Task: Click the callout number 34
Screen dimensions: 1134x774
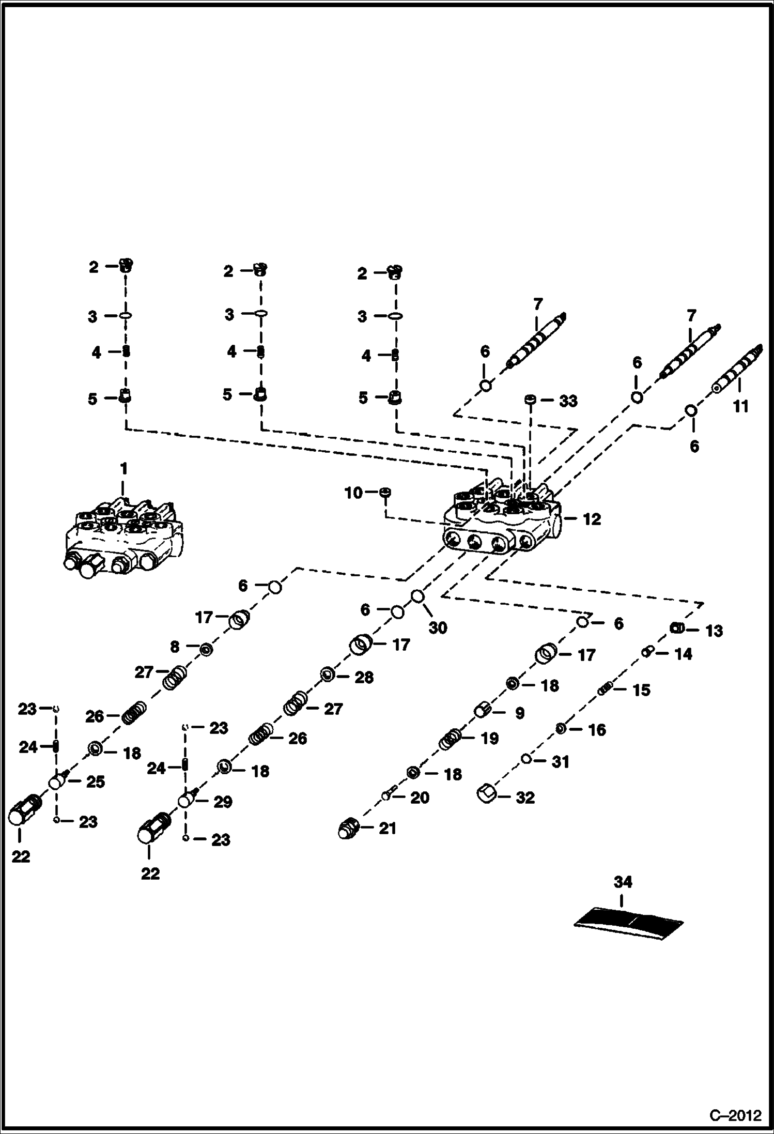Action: point(623,882)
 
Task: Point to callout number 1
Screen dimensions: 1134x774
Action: point(123,469)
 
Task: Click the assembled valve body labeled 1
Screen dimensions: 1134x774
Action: point(123,538)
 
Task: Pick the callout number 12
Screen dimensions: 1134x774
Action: point(592,519)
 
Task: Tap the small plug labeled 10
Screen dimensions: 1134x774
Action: point(385,492)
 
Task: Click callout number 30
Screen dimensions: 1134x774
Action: point(438,628)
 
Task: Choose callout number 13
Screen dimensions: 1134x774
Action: point(714,631)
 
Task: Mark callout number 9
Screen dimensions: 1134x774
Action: point(519,713)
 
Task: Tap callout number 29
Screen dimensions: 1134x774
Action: point(223,802)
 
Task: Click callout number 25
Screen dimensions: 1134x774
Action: point(95,782)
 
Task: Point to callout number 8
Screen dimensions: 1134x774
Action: point(175,647)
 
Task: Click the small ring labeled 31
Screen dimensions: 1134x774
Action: point(526,759)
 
